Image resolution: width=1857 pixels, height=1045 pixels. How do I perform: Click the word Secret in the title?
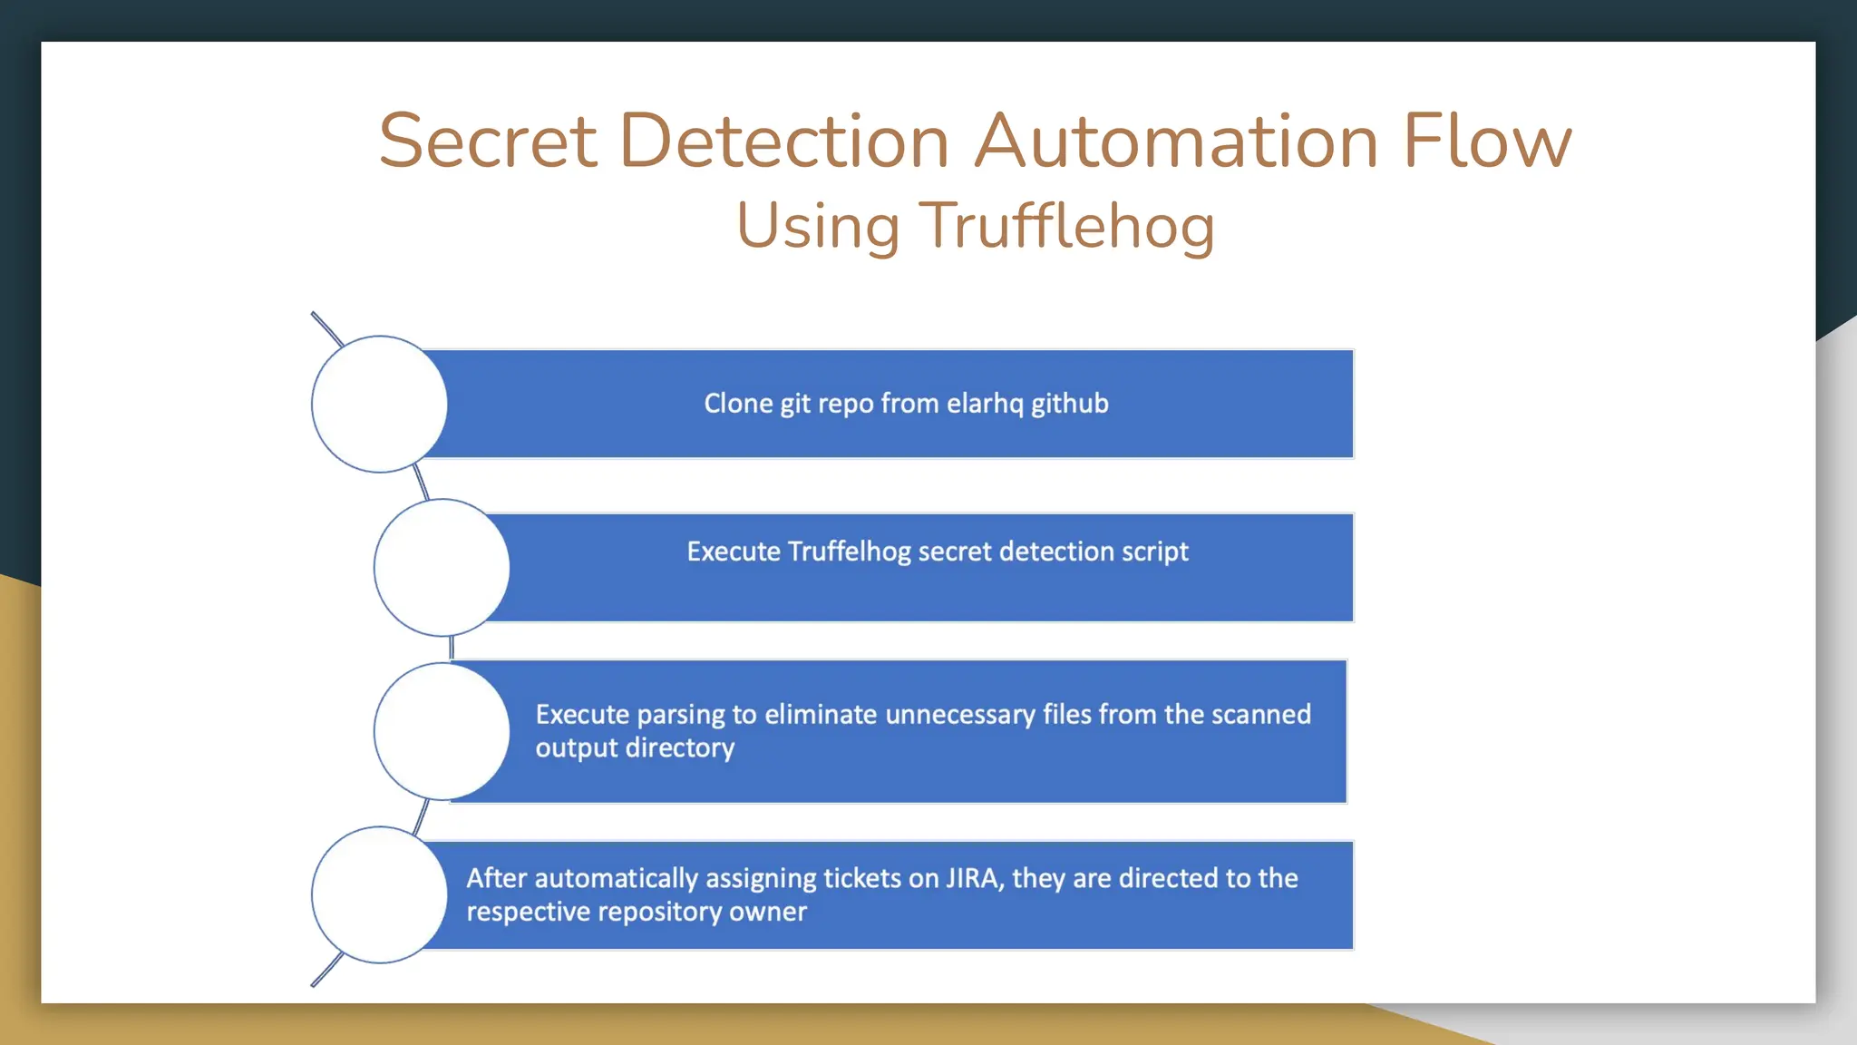pos(488,142)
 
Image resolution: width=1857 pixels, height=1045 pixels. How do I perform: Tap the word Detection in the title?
pos(783,142)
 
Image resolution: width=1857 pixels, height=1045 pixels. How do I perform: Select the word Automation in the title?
pos(1176,142)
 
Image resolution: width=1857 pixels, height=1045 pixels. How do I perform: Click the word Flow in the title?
pos(1487,142)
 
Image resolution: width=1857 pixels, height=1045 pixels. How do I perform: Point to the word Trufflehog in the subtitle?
pos(1066,226)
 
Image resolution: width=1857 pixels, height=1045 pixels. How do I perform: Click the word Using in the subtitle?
pos(818,226)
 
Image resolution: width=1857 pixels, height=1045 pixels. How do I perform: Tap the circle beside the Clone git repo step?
pos(379,404)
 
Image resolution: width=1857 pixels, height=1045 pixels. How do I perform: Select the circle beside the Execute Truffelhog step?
pos(442,567)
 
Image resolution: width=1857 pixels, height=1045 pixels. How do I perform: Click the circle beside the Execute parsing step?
pos(442,731)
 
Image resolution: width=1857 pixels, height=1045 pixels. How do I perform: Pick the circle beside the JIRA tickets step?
pos(379,894)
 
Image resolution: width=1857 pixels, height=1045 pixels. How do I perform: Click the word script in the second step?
pos(1154,552)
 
